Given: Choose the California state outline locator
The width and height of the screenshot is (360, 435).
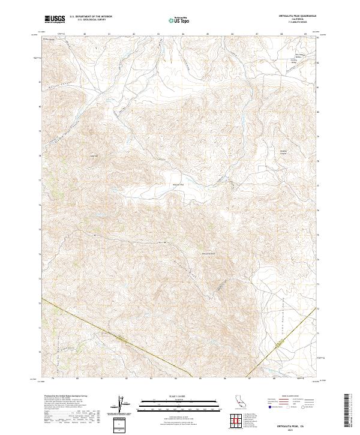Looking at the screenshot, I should point(238,402).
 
